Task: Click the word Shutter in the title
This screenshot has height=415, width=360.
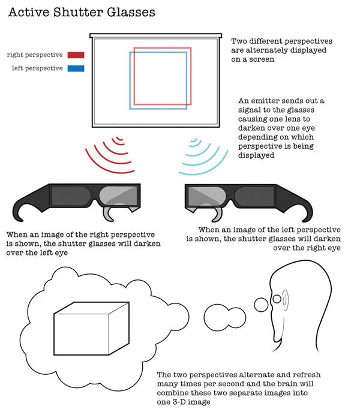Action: point(77,12)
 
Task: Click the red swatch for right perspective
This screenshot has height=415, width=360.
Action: point(76,55)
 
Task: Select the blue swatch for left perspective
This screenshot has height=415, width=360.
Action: point(76,68)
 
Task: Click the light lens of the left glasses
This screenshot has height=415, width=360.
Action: point(118,196)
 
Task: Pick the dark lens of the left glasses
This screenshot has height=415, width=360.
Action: point(71,196)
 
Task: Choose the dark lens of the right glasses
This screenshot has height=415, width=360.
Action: point(254,197)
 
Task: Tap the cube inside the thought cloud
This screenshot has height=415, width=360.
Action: point(91,328)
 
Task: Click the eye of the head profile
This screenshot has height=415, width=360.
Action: point(277,299)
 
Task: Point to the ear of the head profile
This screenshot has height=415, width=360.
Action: point(285,300)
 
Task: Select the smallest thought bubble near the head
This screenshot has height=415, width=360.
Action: point(261,305)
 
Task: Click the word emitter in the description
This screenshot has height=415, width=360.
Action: point(265,101)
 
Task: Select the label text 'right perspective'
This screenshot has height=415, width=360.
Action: point(35,55)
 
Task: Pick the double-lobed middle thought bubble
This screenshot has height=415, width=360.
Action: point(224,317)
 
